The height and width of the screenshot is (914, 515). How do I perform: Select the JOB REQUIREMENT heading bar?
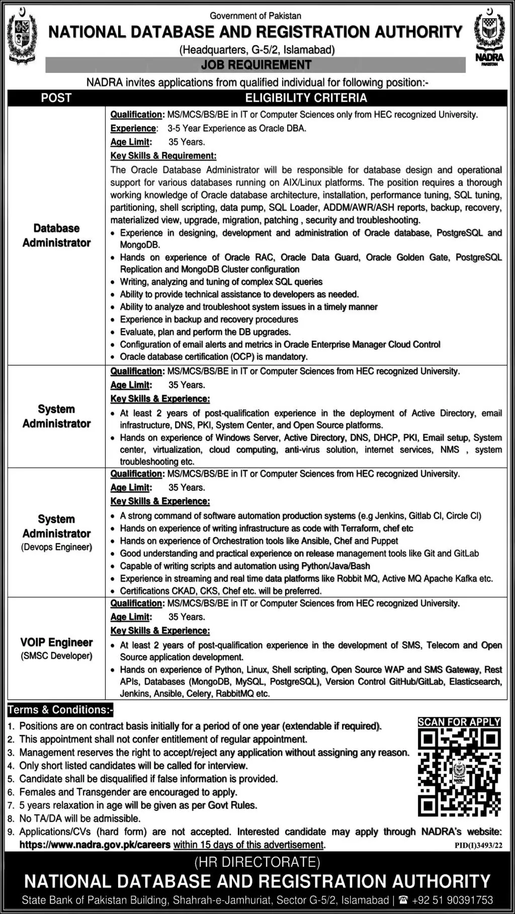pyautogui.click(x=255, y=65)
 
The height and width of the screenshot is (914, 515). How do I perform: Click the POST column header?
pyautogui.click(x=56, y=98)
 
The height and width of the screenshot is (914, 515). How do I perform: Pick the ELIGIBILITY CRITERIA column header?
pyautogui.click(x=306, y=98)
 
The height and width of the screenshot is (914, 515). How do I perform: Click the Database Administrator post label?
pyautogui.click(x=56, y=235)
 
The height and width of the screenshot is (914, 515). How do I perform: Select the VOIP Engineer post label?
pyautogui.click(x=56, y=643)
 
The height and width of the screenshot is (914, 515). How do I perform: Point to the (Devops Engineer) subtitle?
pyautogui.click(x=56, y=547)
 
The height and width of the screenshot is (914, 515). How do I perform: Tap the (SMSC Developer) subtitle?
pyautogui.click(x=56, y=656)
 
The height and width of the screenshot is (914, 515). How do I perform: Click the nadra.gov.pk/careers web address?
pyautogui.click(x=95, y=845)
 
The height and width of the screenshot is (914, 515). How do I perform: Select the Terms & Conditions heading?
pyautogui.click(x=60, y=710)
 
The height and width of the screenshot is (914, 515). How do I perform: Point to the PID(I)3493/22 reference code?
pyautogui.click(x=478, y=846)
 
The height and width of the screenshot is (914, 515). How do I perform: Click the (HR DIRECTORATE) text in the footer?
pyautogui.click(x=257, y=863)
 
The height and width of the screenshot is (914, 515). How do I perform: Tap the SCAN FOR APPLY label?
pyautogui.click(x=459, y=722)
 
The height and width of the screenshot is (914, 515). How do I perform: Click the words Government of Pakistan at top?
pyautogui.click(x=255, y=16)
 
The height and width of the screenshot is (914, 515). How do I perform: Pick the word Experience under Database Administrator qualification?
pyautogui.click(x=133, y=129)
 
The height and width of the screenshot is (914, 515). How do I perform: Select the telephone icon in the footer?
pyautogui.click(x=402, y=900)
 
